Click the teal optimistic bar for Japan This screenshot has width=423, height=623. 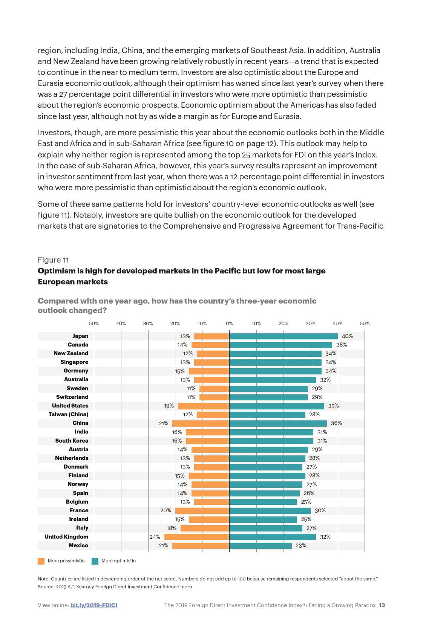pyautogui.click(x=284, y=336)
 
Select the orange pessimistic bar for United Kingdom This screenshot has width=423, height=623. pyautogui.click(x=197, y=537)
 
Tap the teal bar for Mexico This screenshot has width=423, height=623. pyautogui.click(x=261, y=545)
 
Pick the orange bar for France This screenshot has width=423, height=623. pyautogui.click(x=202, y=510)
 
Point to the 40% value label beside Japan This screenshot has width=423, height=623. pyautogui.click(x=347, y=336)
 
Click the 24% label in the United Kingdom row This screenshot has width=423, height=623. pyautogui.click(x=155, y=537)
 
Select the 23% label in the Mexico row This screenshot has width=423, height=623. pyautogui.click(x=301, y=545)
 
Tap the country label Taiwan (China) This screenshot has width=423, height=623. pyautogui.click(x=68, y=414)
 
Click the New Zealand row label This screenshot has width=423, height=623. pyautogui.click(x=71, y=353)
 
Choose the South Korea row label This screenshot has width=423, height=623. pyautogui.click(x=72, y=441)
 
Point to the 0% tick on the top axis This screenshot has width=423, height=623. pyautogui.click(x=229, y=323)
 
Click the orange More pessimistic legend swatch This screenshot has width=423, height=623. pyautogui.click(x=41, y=561)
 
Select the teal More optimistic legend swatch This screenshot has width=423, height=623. pyautogui.click(x=95, y=561)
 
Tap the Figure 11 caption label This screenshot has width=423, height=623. pyautogui.click(x=53, y=260)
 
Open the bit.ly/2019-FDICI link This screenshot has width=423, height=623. pyautogui.click(x=94, y=605)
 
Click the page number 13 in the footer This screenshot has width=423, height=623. pyautogui.click(x=382, y=605)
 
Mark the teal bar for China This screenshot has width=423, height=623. pyautogui.click(x=278, y=423)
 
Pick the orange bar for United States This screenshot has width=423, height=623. pyautogui.click(x=204, y=406)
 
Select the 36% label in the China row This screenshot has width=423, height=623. pyautogui.click(x=336, y=423)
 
